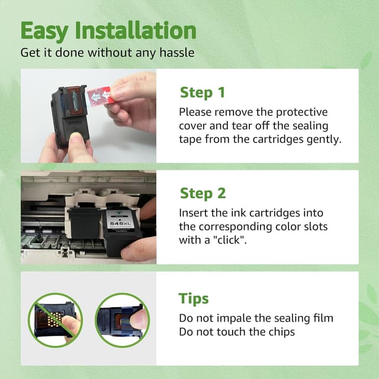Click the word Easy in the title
(x=44, y=31)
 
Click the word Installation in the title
(x=136, y=30)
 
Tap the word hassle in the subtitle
(x=177, y=53)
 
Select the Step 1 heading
(x=203, y=92)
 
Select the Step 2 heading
(x=203, y=194)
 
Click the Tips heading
(x=194, y=298)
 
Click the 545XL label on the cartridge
(x=120, y=224)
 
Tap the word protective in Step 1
(x=301, y=113)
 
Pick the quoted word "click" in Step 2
(x=229, y=240)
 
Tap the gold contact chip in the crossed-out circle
(x=54, y=319)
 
